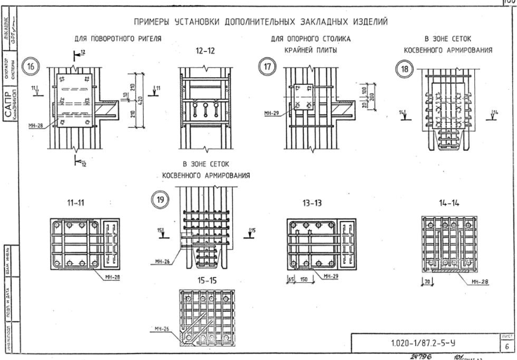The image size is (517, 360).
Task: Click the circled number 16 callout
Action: (30, 67)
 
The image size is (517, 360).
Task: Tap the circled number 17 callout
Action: (267, 67)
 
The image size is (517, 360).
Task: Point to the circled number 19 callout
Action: (159, 199)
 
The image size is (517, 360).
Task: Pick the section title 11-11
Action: (76, 202)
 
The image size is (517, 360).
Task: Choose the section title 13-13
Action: (314, 202)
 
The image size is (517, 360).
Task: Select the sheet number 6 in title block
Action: (507, 347)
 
